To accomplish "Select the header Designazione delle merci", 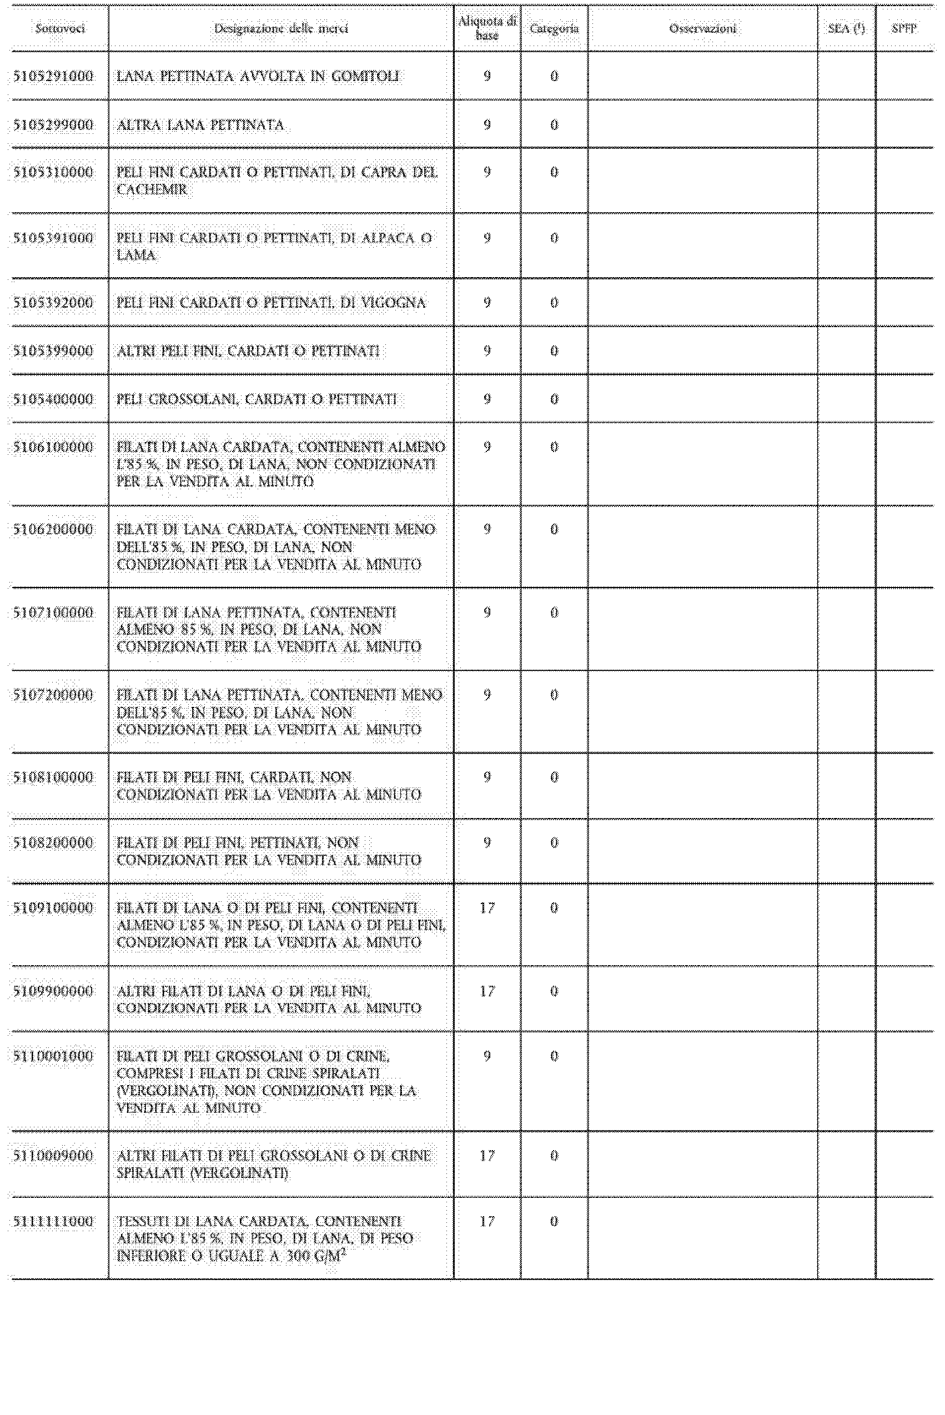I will [x=281, y=29].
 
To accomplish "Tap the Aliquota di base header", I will [x=487, y=28].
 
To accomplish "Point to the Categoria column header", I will [x=554, y=29].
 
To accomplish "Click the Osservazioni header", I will [x=703, y=29].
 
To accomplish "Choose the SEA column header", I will [x=846, y=29].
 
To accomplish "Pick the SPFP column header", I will [x=904, y=29].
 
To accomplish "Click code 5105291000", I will [x=54, y=77].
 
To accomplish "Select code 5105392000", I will [x=54, y=303].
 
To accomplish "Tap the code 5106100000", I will [x=54, y=447].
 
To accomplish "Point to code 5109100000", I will [x=54, y=908].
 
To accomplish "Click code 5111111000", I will [x=54, y=1222].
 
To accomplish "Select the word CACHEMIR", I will [x=152, y=190].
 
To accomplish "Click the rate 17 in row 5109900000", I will [x=487, y=991].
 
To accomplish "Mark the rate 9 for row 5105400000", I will [x=487, y=399].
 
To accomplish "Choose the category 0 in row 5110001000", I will [x=554, y=1056].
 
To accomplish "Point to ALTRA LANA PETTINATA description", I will [x=200, y=126].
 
